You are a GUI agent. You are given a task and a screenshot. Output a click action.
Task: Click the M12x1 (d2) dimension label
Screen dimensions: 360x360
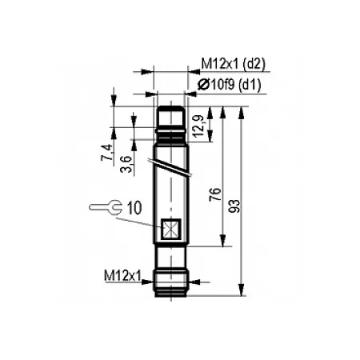(234, 64)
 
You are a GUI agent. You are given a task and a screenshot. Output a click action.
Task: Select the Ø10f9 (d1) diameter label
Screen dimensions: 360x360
(230, 86)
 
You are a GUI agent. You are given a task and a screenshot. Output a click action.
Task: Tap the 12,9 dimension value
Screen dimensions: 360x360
(199, 126)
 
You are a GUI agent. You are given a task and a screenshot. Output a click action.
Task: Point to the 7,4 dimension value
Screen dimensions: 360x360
(107, 152)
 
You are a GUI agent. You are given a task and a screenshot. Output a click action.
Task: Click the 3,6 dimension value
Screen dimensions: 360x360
(126, 164)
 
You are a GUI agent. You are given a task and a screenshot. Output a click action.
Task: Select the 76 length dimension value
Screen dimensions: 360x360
(215, 194)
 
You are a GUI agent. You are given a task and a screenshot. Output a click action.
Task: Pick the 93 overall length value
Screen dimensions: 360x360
(234, 206)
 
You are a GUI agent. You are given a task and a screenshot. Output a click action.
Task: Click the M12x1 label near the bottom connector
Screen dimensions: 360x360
(122, 275)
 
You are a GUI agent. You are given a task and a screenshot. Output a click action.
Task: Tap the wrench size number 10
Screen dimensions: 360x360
(134, 208)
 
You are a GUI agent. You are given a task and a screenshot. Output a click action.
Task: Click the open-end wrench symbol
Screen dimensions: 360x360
(106, 206)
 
